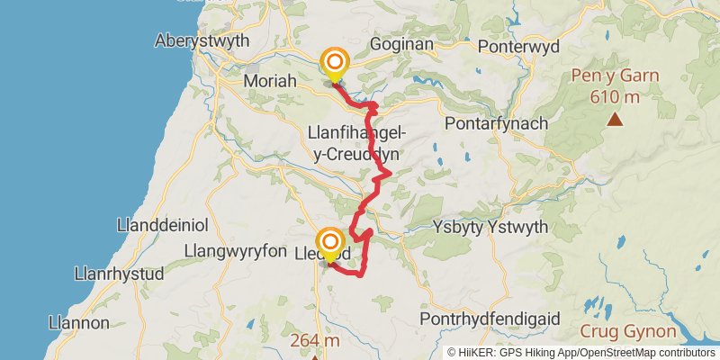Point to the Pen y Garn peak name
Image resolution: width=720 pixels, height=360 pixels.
pos(615,76)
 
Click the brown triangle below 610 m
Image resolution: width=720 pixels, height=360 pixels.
pos(616,119)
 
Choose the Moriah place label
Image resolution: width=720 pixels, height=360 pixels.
pos(270,82)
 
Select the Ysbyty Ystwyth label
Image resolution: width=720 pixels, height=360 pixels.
pos(490,227)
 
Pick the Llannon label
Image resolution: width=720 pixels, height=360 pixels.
pos(79,322)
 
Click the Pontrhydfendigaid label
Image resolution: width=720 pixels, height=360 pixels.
pos(490,319)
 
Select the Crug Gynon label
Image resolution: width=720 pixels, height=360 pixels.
pos(616,331)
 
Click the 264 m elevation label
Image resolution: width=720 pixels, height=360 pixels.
pos(315,341)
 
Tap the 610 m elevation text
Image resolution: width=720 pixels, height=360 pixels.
pos(615,96)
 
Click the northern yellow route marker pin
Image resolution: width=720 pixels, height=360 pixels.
pos(335,63)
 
